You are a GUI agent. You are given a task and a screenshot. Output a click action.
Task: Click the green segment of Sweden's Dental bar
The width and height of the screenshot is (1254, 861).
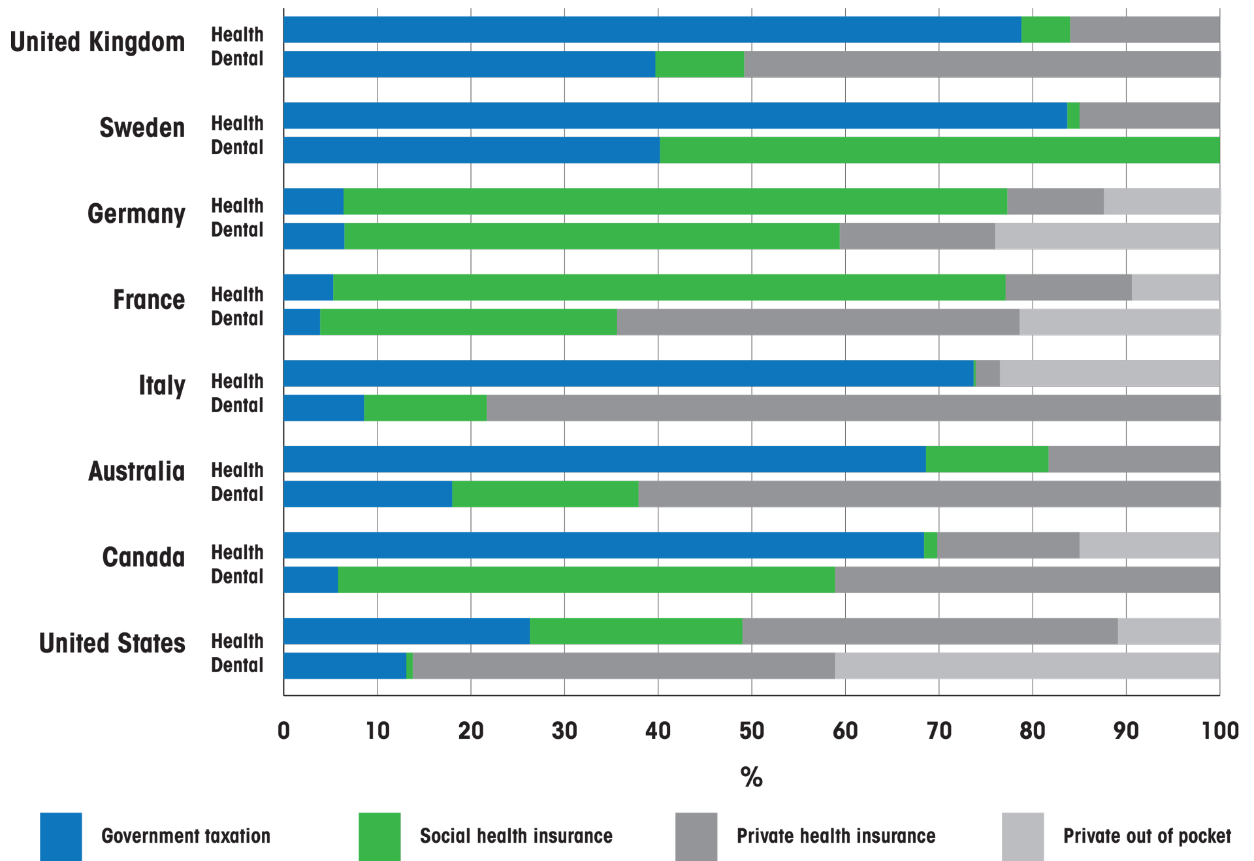click(939, 150)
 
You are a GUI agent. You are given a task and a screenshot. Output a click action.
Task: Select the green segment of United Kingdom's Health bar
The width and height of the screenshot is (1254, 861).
click(1045, 30)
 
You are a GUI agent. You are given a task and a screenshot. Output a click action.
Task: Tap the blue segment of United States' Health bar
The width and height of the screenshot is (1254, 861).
click(406, 631)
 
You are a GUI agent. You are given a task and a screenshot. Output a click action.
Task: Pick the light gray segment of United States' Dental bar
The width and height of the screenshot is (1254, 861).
click(1027, 666)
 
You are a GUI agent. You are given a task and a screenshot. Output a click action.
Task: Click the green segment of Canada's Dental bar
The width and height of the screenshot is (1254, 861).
click(586, 580)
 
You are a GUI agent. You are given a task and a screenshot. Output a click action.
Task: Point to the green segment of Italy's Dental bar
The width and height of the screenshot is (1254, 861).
click(425, 408)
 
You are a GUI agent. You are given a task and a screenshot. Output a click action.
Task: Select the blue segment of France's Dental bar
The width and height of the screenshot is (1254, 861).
click(302, 322)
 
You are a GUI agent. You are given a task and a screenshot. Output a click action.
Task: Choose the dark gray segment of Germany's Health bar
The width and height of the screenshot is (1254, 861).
click(1055, 202)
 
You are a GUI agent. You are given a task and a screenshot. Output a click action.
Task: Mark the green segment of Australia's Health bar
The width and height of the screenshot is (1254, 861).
click(986, 460)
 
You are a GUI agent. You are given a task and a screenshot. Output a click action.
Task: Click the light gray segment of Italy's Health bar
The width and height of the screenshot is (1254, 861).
click(1109, 374)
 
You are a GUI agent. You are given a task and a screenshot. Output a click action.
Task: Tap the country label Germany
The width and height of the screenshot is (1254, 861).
click(137, 214)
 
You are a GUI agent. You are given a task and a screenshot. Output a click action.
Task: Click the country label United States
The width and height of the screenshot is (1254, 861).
click(112, 643)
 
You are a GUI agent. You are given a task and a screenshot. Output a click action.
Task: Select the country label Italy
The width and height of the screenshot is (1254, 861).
click(162, 385)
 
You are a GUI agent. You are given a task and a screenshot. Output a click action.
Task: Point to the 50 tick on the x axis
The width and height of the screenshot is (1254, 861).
click(751, 731)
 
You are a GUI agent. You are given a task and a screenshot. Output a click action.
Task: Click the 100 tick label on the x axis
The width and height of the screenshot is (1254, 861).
click(1219, 731)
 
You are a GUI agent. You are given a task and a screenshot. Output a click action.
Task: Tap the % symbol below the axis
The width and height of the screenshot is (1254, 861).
click(751, 777)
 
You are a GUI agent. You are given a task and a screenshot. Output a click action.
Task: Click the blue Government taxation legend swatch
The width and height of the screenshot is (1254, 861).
click(61, 836)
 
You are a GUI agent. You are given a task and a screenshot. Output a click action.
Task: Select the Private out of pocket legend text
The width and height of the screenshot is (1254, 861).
click(1146, 836)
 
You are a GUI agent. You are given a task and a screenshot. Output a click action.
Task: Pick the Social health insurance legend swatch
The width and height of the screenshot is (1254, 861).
click(379, 836)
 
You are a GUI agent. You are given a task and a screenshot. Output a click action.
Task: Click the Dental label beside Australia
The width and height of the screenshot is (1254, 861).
click(237, 495)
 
